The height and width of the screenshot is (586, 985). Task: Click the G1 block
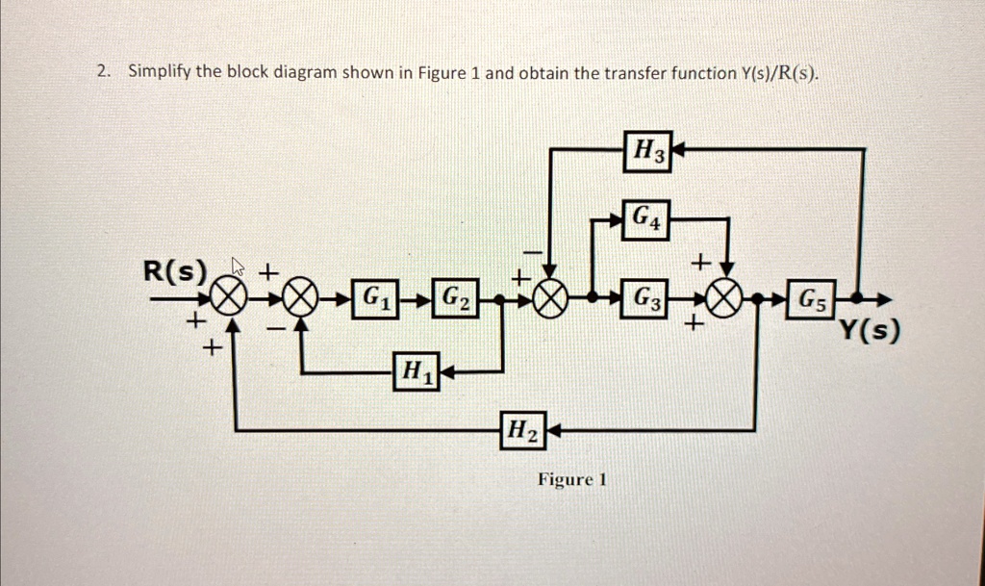tap(370, 297)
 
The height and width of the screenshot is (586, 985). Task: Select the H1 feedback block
tap(416, 370)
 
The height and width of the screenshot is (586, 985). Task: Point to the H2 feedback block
tap(522, 431)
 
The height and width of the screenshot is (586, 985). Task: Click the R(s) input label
tap(175, 271)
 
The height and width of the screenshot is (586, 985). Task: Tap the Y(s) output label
tap(870, 333)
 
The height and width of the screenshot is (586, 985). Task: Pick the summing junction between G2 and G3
tap(551, 298)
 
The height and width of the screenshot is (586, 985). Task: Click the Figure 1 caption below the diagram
tap(572, 479)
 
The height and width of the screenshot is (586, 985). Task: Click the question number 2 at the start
tap(102, 72)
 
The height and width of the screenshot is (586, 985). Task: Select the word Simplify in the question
tap(160, 73)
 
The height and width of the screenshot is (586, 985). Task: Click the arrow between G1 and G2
tap(414, 298)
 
